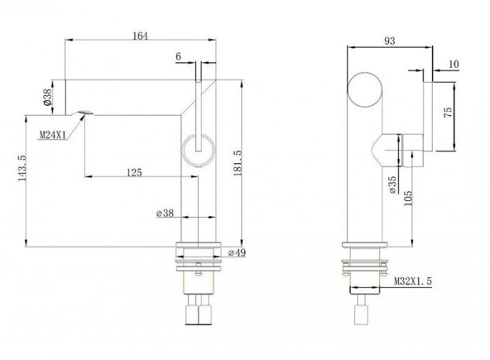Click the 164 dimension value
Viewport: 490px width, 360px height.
(140, 36)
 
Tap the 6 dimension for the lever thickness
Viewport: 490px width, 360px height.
(178, 57)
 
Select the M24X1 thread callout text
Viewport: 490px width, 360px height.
(52, 134)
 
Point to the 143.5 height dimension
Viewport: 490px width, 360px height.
(21, 167)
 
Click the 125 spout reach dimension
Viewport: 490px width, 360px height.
(134, 172)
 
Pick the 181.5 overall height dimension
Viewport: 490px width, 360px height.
(238, 162)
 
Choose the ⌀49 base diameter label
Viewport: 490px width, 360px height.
(237, 253)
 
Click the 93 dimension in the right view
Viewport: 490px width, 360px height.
(390, 41)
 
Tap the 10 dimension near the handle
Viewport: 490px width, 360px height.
(454, 64)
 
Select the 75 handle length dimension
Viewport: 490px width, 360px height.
(448, 111)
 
